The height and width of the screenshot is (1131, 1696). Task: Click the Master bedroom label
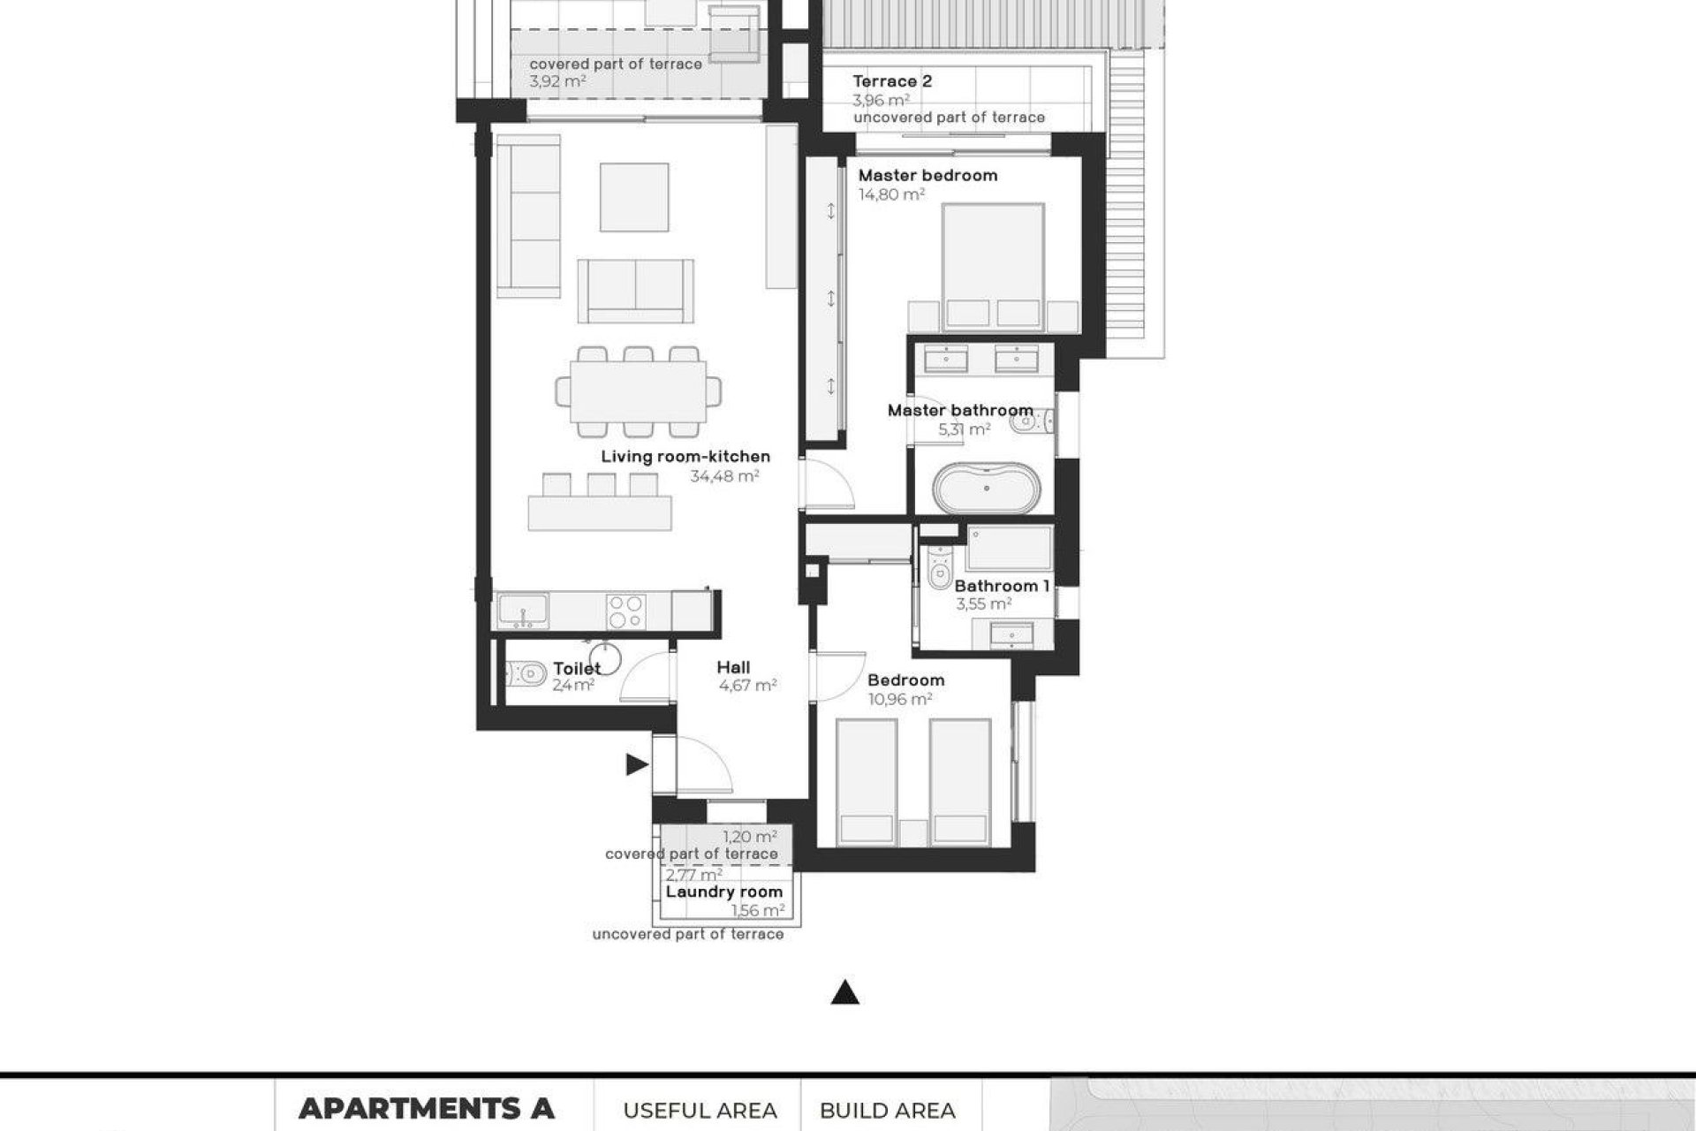927,175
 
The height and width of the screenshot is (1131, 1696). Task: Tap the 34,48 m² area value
724,476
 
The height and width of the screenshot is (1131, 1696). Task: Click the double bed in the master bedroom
993,265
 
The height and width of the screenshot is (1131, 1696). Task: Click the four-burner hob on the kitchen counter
626,611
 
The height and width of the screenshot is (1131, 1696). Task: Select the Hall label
733,667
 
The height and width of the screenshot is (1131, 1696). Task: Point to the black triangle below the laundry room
845,994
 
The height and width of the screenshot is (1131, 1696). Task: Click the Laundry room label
723,892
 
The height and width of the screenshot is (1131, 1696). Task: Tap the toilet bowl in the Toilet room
526,676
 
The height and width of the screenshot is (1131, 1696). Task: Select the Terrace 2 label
892,81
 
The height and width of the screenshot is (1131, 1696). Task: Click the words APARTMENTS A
426,1108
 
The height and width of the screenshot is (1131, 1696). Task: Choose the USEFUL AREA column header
700,1110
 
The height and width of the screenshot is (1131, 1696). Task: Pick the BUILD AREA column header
887,1110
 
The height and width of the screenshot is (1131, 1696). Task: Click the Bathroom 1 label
1002,586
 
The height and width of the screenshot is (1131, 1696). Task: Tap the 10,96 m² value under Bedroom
900,699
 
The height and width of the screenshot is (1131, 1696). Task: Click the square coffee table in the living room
633,197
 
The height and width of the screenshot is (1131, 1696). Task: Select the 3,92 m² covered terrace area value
557,81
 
